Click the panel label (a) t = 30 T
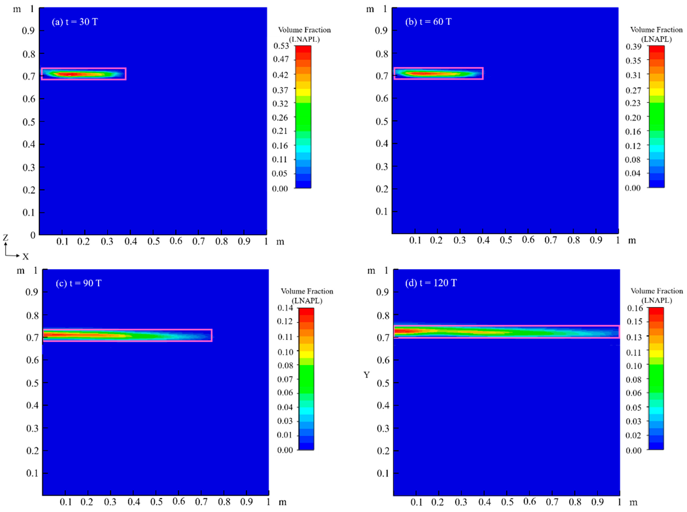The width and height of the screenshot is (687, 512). point(75,22)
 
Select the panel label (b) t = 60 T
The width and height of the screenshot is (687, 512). point(428,22)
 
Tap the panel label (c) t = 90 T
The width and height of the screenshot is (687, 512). point(79,283)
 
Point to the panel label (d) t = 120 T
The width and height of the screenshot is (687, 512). point(431,283)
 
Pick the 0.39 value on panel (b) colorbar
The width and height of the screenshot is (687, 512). point(633,47)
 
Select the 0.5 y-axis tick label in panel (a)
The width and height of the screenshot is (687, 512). point(29,122)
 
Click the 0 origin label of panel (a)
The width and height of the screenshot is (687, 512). point(33,235)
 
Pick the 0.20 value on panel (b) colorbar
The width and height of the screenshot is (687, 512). point(633,117)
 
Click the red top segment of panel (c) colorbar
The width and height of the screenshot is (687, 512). point(306,311)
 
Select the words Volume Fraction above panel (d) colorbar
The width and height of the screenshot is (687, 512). point(657,291)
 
